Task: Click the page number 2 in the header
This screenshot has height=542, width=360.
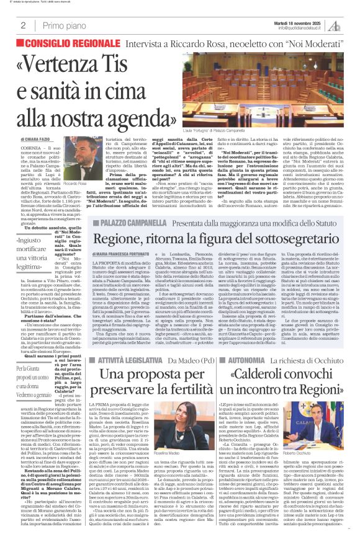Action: pos(23,25)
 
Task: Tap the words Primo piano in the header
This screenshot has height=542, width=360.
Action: pos(63,25)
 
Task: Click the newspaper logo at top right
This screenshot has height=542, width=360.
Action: pos(335,25)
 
